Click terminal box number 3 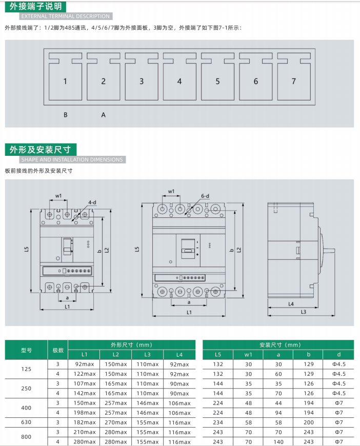142,76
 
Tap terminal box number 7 294,76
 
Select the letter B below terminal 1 66,115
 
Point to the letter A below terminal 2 103,115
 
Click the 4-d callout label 92,202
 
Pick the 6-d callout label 205,196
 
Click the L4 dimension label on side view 291,304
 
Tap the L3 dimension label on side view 304,312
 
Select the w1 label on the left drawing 58,196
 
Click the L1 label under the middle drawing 189,312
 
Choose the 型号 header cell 26,350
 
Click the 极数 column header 58,350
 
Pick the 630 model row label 26,422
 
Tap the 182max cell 85,422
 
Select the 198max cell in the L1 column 85,413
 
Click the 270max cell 115,422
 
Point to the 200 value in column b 309,422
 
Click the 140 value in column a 278,442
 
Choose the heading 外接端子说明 35,6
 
